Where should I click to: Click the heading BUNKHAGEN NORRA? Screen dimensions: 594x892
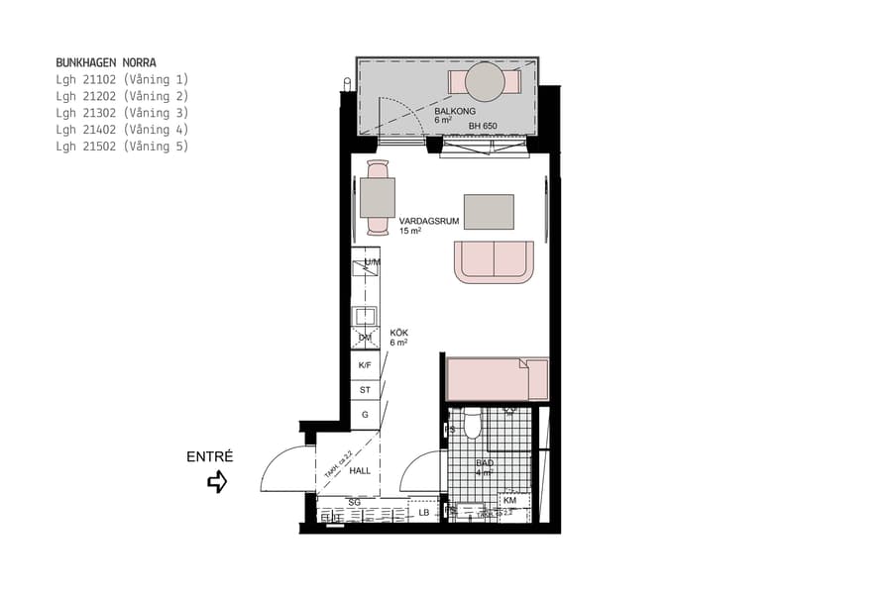point(106,62)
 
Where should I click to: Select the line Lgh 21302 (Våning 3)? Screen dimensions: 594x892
point(122,113)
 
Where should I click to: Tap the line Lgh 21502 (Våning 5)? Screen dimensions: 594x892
point(122,147)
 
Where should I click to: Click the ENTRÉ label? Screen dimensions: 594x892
point(209,457)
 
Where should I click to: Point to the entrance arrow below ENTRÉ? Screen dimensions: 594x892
point(217,482)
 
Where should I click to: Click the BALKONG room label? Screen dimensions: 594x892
point(453,112)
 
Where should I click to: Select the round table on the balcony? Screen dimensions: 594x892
point(486,81)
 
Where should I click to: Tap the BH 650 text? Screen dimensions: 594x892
point(483,127)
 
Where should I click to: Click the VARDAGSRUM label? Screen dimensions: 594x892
point(428,222)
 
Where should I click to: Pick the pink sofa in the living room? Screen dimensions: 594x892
point(494,261)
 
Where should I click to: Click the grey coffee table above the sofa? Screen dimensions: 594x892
point(489,212)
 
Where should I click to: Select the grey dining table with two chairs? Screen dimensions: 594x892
point(378,197)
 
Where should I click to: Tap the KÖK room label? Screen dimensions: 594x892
point(398,334)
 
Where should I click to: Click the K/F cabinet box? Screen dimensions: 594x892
point(365,365)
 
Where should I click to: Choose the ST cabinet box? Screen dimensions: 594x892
point(365,390)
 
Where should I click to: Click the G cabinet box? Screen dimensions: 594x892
point(365,415)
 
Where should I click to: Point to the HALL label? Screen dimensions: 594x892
point(360,470)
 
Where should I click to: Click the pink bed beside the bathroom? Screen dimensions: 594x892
point(497,379)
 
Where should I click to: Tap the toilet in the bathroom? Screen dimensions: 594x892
point(473,425)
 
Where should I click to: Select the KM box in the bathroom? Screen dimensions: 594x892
point(509,501)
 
